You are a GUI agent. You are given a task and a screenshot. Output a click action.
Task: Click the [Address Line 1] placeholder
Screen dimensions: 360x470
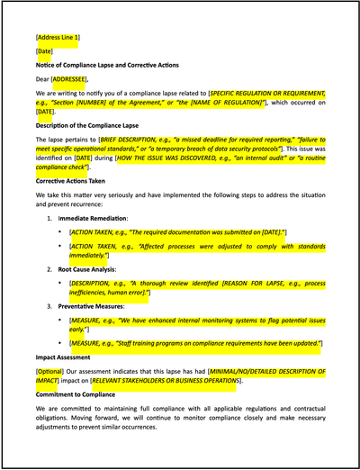pyautogui.click(x=58, y=39)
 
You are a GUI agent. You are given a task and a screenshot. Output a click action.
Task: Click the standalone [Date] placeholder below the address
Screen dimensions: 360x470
pyautogui.click(x=44, y=52)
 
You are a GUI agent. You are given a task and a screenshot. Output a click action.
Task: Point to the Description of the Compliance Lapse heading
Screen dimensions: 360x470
pyautogui.click(x=97, y=126)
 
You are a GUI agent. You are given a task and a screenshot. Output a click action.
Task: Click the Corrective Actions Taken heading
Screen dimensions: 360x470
pyautogui.click(x=76, y=181)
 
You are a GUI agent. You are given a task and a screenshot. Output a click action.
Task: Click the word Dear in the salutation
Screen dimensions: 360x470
pyautogui.click(x=44, y=79)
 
